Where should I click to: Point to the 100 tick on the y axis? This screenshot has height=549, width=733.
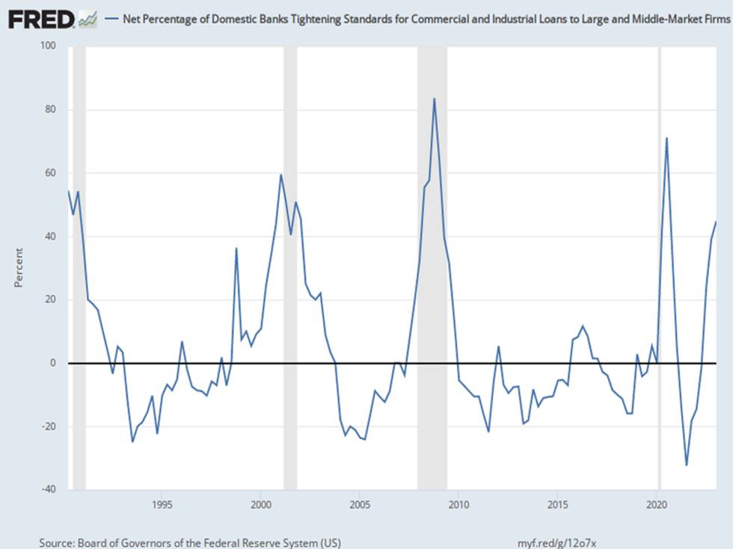point(48,46)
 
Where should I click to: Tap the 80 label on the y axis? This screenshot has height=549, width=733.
point(50,109)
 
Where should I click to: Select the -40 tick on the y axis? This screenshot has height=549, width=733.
point(48,489)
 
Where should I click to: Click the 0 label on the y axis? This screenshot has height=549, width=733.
point(53,363)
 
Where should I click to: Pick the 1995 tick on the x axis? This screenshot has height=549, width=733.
point(162,505)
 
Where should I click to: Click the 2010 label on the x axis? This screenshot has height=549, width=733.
point(458,505)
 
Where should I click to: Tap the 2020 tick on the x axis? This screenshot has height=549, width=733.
point(657,505)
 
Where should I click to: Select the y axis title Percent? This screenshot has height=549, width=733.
point(18,268)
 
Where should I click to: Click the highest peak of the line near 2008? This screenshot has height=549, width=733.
point(435,99)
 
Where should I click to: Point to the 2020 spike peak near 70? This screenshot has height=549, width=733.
point(666,138)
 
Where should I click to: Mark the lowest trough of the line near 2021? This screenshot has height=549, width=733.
point(687,464)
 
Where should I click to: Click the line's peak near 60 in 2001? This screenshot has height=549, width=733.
point(281,175)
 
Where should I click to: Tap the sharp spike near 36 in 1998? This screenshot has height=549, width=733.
point(236,248)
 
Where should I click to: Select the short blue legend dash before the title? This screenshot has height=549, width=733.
point(111,19)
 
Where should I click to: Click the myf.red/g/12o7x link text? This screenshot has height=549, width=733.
point(556,543)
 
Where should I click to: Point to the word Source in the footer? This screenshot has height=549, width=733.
point(56,543)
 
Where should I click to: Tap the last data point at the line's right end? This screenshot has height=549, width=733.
point(716,222)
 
